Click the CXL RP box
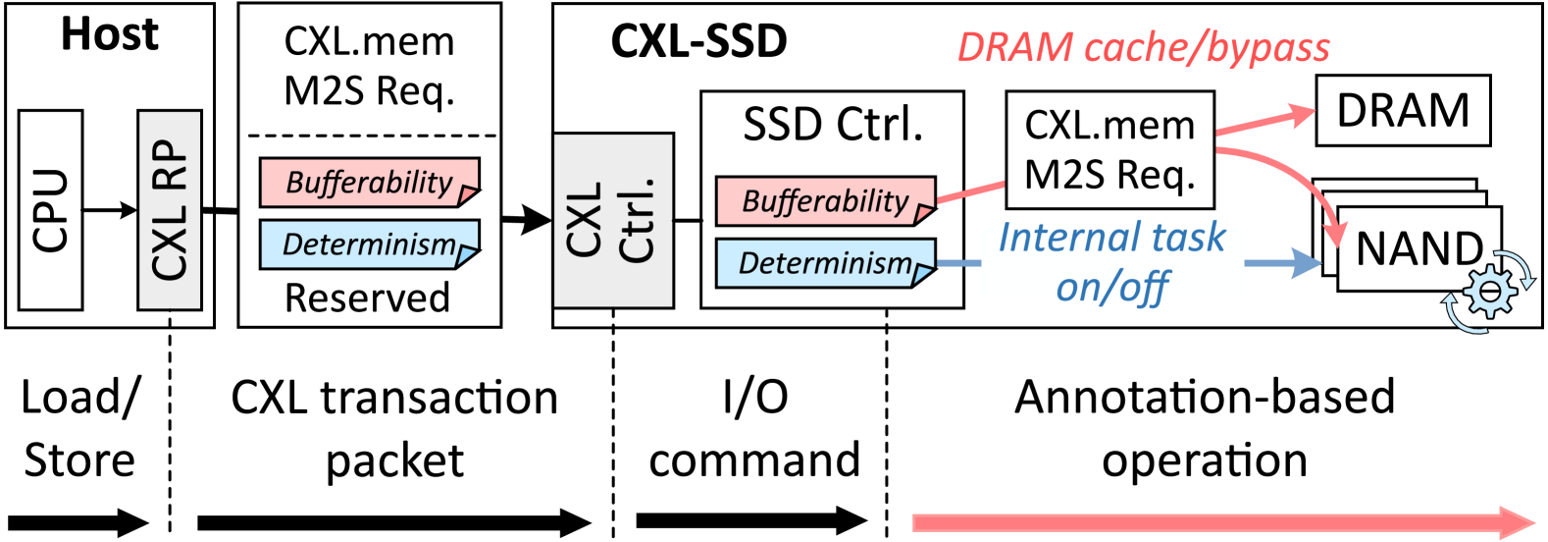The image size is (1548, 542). coord(170,209)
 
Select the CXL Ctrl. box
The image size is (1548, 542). coord(612,220)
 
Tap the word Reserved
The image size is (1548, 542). coord(367,298)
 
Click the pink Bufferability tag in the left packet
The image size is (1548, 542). coord(368,183)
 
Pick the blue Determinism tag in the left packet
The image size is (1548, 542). coord(368,244)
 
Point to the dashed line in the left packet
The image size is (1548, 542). coord(371,136)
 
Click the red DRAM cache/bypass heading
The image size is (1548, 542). coord(1143,48)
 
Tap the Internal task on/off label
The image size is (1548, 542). coord(1112,262)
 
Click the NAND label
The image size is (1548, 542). coord(1419,248)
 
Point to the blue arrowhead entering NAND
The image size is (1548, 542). coord(1307,262)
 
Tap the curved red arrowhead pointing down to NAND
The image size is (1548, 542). coord(1335,234)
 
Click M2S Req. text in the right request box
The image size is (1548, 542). coord(1109,175)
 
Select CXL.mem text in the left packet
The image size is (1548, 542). coord(369,41)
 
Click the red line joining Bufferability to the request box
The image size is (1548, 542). coord(971,191)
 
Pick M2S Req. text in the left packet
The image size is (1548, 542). coord(369,90)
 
